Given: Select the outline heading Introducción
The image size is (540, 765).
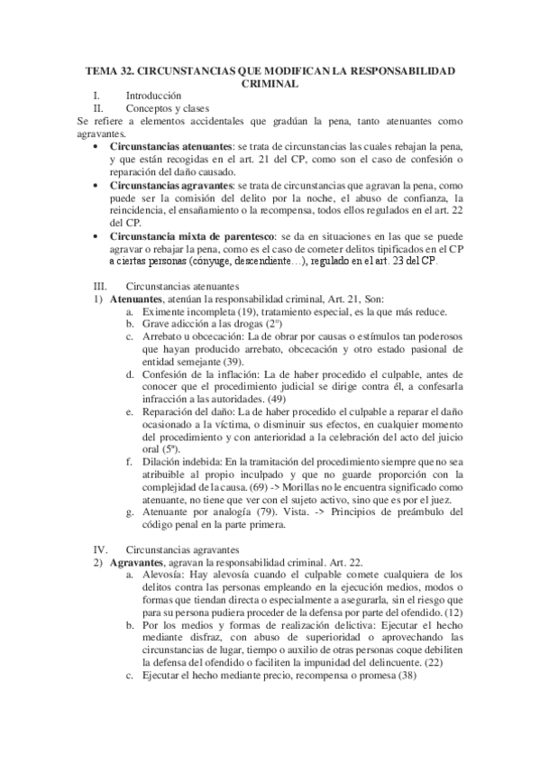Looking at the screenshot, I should pyautogui.click(x=153, y=95).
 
